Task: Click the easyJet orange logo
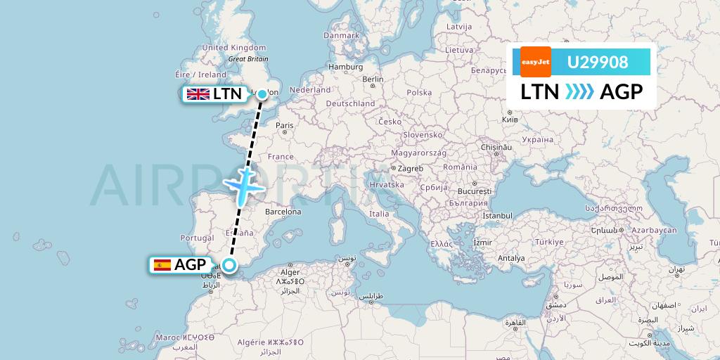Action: pyautogui.click(x=536, y=62)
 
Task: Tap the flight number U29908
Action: pyautogui.click(x=598, y=63)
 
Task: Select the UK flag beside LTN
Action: pyautogui.click(x=198, y=94)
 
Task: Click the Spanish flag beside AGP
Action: pyautogui.click(x=162, y=265)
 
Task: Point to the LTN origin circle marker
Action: pyautogui.click(x=262, y=94)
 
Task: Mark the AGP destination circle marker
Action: pyautogui.click(x=229, y=264)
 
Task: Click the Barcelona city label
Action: pyautogui.click(x=283, y=212)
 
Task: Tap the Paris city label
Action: pyautogui.click(x=284, y=126)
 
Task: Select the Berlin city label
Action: pyautogui.click(x=373, y=79)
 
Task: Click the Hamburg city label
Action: pyautogui.click(x=345, y=67)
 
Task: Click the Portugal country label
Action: pyautogui.click(x=197, y=238)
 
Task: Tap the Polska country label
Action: pyautogui.click(x=419, y=92)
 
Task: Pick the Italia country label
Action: pyautogui.click(x=379, y=214)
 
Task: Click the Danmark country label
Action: pyautogui.click(x=341, y=35)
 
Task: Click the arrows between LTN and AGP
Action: pyautogui.click(x=579, y=92)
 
